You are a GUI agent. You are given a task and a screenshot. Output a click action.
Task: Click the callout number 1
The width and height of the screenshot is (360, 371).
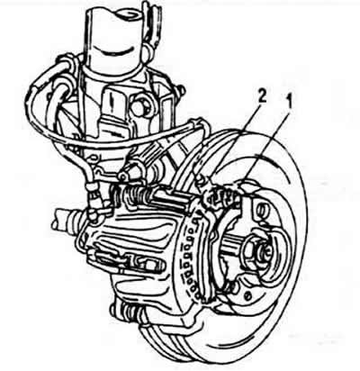(289, 103)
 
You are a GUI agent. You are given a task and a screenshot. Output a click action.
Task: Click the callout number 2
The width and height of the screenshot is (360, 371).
(262, 99)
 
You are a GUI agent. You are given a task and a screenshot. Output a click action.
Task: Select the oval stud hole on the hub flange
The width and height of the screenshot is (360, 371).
(261, 208)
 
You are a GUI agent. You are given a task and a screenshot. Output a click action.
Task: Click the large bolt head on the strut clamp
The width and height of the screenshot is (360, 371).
(139, 104)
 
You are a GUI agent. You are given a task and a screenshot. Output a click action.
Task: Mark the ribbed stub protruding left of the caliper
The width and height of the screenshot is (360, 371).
(65, 218)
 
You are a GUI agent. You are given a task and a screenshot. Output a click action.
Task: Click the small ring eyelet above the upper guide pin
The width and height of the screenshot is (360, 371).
(123, 176)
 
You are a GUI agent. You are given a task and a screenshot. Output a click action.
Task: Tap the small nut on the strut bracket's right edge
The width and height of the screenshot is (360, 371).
(181, 89)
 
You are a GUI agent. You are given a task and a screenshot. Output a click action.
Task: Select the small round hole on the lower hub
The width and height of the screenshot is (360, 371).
(247, 295)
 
